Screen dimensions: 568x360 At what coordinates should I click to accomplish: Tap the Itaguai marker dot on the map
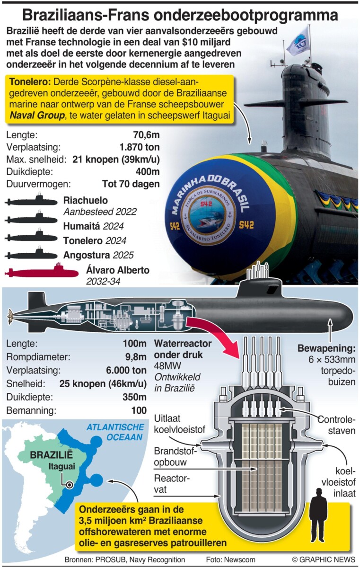click(70, 485)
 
